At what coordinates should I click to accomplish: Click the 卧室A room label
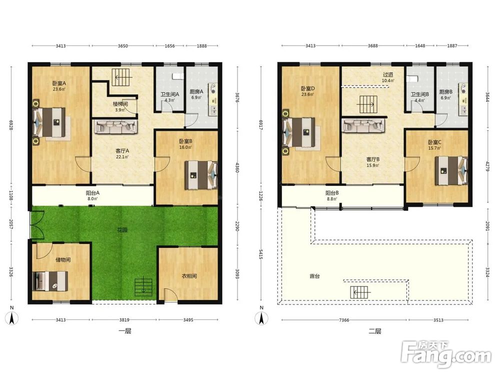(59, 83)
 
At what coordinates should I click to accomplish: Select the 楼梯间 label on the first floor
(120, 104)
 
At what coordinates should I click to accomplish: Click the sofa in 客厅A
(116, 126)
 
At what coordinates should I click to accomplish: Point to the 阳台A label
(92, 193)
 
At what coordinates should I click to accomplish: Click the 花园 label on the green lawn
(122, 229)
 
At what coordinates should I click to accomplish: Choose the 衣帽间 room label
(189, 276)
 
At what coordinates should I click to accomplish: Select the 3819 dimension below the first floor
(124, 319)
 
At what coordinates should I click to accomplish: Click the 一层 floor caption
(124, 331)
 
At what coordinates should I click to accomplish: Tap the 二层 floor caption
(374, 331)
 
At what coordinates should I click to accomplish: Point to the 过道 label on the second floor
(388, 74)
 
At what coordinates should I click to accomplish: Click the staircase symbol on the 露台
(360, 292)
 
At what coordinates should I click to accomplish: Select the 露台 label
(314, 276)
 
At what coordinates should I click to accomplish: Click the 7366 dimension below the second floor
(344, 320)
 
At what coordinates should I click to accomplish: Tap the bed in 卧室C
(451, 170)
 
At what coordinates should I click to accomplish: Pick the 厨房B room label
(446, 92)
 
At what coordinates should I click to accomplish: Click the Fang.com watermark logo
(446, 354)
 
